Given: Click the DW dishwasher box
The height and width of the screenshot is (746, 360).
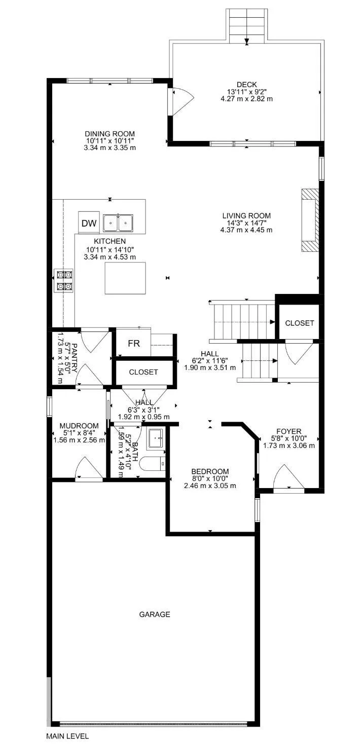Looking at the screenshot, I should tap(89, 223).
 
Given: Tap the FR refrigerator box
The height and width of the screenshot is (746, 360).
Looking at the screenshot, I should tap(133, 344).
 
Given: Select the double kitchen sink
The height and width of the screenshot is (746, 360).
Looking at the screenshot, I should tap(118, 222).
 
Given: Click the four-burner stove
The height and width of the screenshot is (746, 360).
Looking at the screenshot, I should tap(64, 281).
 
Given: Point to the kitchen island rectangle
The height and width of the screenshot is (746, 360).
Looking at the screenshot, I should tap(125, 278).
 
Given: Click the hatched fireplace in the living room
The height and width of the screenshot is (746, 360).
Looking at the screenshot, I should tap(310, 220).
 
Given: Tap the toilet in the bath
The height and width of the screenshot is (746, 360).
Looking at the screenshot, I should tap(154, 463).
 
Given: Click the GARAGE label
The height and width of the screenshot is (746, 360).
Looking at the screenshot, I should tap(155, 614).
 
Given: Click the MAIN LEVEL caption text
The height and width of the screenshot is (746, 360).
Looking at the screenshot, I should tap(67, 736).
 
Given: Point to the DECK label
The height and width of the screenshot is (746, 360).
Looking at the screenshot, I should tap(246, 85).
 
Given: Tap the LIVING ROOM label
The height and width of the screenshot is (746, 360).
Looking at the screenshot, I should tap(246, 215).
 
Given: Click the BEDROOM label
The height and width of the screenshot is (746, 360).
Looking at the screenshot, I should tap(210, 471).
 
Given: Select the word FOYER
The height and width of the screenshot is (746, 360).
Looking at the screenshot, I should tap(289, 431).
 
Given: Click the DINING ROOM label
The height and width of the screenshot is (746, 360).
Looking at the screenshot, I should tap(110, 134).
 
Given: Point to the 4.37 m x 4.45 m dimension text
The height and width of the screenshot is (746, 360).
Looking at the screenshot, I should tap(246, 230).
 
